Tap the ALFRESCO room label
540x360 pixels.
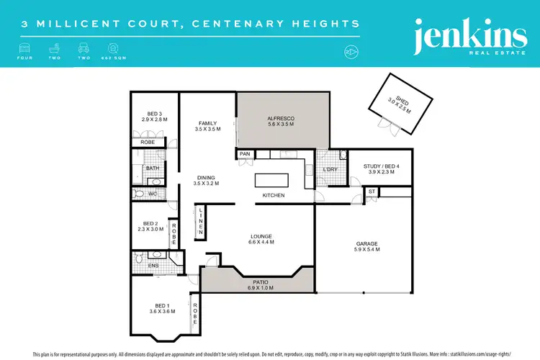[282, 117]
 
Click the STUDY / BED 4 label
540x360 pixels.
[382, 166]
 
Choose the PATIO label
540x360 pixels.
[256, 282]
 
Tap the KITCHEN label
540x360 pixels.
[274, 195]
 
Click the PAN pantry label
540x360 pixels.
[244, 153]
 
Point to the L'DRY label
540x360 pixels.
[330, 169]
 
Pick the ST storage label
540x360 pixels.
[372, 192]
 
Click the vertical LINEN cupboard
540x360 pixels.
[202, 222]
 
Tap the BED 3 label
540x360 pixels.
[153, 113]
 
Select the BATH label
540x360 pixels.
[153, 168]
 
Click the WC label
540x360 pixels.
[152, 194]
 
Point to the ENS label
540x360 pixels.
[153, 266]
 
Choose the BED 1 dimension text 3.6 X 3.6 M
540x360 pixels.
[158, 311]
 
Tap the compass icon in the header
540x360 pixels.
[353, 52]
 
